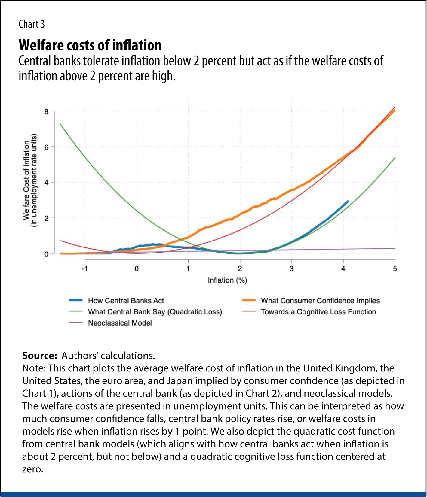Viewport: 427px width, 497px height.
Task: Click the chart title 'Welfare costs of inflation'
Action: pos(90,45)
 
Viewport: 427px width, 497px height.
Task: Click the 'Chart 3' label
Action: pos(32,24)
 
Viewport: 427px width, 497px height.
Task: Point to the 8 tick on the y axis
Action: pos(46,112)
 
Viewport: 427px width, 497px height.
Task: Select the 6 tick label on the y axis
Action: pos(46,147)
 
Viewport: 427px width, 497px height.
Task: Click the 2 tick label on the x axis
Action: pos(240,269)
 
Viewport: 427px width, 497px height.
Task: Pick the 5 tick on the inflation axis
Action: pos(395,269)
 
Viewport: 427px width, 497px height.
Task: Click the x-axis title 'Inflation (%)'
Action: pos(227,280)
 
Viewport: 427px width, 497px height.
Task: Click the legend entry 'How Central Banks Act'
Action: pos(126,301)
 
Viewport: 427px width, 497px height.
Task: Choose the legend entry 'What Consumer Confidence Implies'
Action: pos(320,301)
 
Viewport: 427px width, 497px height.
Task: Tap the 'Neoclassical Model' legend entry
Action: pos(120,323)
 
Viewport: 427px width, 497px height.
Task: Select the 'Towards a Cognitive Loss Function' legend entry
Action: pos(318,312)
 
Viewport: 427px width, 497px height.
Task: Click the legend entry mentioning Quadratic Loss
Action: pos(155,312)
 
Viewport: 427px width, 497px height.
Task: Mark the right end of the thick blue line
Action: pos(348,201)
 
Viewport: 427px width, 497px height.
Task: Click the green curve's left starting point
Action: pos(60,124)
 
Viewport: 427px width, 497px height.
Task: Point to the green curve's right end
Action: pos(395,158)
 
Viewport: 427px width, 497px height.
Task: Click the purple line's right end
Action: pos(395,248)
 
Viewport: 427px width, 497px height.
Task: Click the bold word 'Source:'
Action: pos(39,356)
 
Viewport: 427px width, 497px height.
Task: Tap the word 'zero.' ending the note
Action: pos(33,469)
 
